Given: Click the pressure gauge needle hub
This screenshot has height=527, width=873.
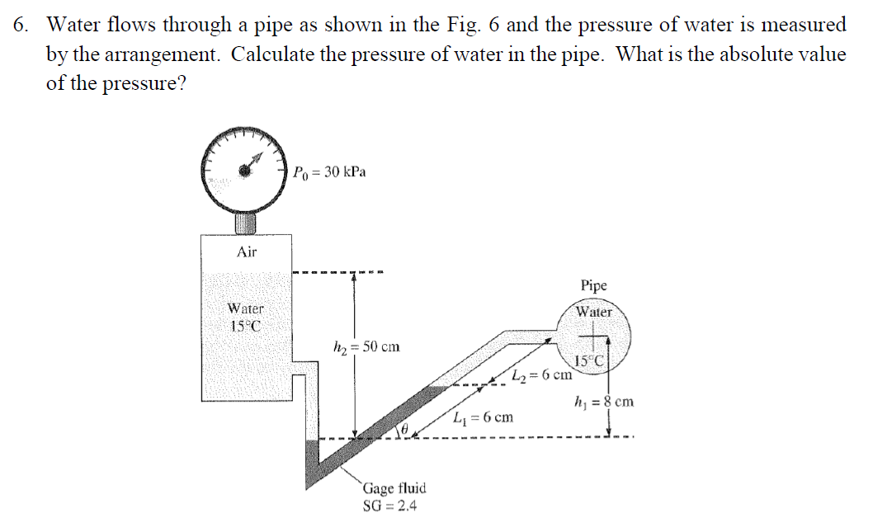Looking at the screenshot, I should tap(245, 170).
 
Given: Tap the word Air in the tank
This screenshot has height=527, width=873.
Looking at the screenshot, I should tap(246, 252).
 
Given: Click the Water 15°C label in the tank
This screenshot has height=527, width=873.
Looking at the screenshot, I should tap(245, 317).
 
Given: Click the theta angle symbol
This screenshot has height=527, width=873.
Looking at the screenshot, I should tap(405, 430).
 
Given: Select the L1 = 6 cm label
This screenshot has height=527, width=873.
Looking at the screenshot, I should tap(484, 417).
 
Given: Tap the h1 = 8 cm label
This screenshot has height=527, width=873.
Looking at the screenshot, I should tap(604, 402).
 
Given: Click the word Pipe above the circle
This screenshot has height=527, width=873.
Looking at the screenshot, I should tap(593, 285).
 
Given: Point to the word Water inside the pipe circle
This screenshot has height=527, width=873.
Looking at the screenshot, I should tap(593, 313).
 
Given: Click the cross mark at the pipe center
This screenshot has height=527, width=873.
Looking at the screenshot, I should tap(594, 336).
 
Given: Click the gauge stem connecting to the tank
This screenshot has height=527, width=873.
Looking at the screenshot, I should tap(245, 223).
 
